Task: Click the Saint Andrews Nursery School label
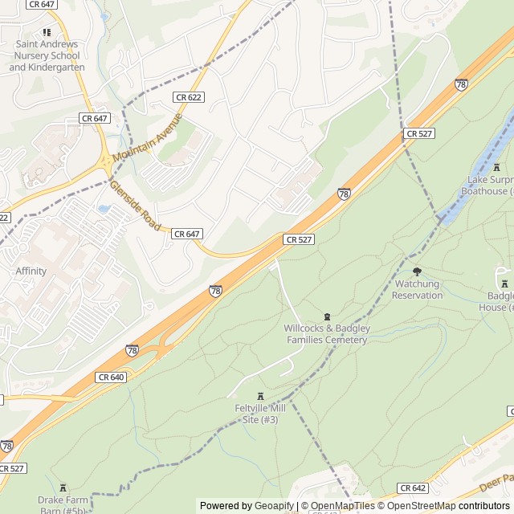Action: (x=46, y=56)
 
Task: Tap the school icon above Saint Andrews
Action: (x=46, y=32)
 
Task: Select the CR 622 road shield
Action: (x=188, y=97)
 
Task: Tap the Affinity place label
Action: (x=31, y=271)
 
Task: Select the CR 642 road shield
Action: (x=412, y=487)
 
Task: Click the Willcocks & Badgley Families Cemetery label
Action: (x=326, y=334)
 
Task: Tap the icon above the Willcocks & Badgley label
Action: (x=326, y=316)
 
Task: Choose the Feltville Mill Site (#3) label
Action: (x=256, y=414)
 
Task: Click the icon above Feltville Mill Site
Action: (x=259, y=396)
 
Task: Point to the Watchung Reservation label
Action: (x=417, y=290)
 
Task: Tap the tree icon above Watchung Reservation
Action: (x=416, y=271)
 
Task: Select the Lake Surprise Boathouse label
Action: (x=490, y=186)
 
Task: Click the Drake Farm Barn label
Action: (x=63, y=504)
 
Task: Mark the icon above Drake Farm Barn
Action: (x=63, y=487)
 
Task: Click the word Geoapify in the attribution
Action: (x=275, y=506)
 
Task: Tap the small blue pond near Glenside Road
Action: (x=104, y=209)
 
